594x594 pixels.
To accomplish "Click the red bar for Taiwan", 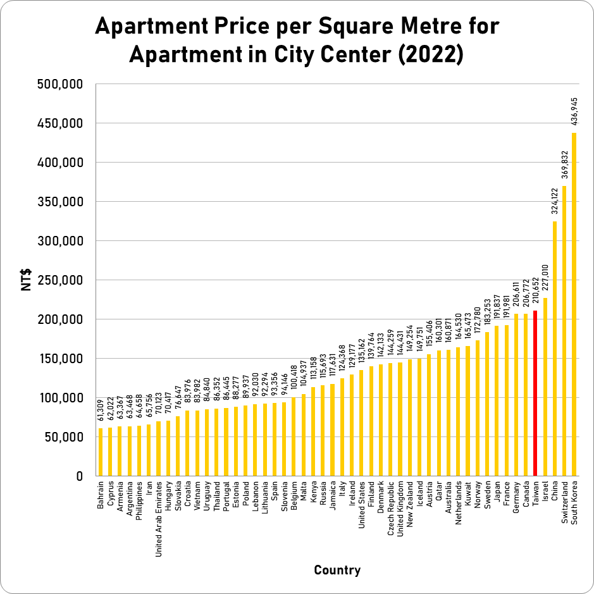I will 536,393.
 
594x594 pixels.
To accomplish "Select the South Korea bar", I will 574,304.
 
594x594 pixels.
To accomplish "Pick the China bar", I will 555,348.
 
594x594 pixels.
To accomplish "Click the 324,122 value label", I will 555,203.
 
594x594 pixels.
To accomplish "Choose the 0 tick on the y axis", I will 80,476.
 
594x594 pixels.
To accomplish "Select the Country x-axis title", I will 337,571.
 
